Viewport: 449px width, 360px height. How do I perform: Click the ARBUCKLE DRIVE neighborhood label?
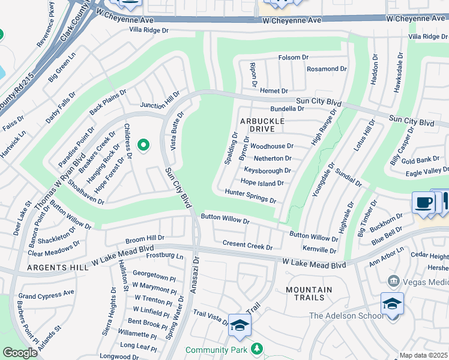[x=261, y=125]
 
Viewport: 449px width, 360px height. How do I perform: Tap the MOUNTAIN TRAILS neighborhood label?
[x=309, y=293]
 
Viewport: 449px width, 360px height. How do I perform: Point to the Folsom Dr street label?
[x=293, y=58]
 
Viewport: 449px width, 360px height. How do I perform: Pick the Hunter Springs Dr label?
[x=250, y=196]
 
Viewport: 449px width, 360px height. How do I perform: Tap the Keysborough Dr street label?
[x=267, y=170]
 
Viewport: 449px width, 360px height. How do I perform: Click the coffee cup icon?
[x=423, y=203]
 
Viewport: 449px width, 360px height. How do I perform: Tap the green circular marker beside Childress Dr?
[x=143, y=145]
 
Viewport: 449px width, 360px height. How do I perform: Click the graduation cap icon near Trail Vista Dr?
[x=239, y=326]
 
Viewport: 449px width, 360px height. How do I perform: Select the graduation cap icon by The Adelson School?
[x=391, y=304]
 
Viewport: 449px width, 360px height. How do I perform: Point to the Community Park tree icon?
[x=257, y=349]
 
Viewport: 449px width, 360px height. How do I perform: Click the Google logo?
[x=20, y=353]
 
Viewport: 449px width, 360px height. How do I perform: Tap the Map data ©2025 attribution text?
[x=423, y=355]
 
